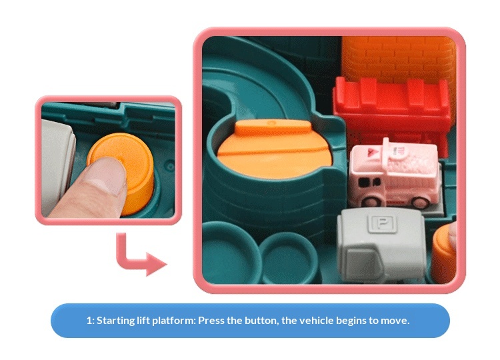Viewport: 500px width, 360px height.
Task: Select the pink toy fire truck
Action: pos(395,174)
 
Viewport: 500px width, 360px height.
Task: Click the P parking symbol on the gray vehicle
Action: pos(382,223)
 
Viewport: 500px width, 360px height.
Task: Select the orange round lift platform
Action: pos(274,148)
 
